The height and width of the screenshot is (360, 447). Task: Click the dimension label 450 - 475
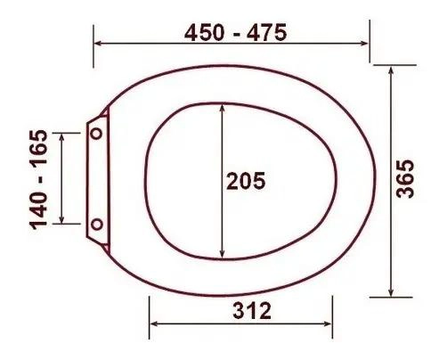coord(236,33)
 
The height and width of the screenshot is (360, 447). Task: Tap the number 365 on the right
coord(405,179)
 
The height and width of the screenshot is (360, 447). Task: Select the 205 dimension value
coord(246,181)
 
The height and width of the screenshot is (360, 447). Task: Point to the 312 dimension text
coord(252,311)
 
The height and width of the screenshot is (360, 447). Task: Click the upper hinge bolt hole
coord(97,134)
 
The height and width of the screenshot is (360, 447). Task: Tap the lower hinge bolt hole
coord(97,225)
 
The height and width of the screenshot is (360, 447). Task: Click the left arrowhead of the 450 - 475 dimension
coord(98,44)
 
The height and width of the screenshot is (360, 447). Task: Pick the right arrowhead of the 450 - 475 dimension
coord(364,44)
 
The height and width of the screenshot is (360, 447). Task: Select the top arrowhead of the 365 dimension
coord(391,71)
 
